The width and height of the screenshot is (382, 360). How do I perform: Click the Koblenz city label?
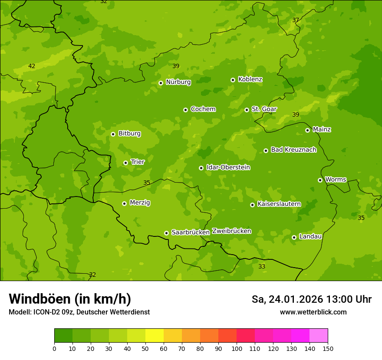click(x=250, y=79)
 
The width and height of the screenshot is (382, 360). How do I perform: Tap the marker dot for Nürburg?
click(x=161, y=83)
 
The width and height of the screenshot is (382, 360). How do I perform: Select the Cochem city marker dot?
click(x=185, y=110)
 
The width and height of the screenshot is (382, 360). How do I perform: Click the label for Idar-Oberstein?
click(x=228, y=167)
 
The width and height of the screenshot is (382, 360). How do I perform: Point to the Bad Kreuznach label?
click(x=293, y=150)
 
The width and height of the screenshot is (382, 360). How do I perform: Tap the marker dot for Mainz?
click(x=307, y=130)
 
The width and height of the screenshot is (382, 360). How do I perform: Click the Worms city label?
click(x=336, y=180)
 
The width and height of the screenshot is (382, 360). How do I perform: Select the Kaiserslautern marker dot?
click(x=252, y=205)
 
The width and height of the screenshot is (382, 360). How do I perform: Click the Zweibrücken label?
click(x=231, y=231)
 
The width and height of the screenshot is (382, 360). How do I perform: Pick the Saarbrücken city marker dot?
click(x=166, y=233)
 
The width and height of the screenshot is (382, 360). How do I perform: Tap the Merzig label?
click(x=140, y=203)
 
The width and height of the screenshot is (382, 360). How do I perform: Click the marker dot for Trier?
click(x=125, y=163)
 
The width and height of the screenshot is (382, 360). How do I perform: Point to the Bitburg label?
click(x=129, y=134)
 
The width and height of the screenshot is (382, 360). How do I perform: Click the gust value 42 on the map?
click(x=32, y=66)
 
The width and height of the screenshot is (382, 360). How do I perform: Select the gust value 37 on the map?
click(x=296, y=20)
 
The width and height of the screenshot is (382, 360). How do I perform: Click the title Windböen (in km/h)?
click(x=70, y=299)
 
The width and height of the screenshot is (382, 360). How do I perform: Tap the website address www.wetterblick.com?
click(x=313, y=312)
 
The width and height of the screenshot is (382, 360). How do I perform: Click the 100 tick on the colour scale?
click(x=237, y=348)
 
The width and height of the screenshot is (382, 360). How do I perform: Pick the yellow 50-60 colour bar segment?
click(x=155, y=336)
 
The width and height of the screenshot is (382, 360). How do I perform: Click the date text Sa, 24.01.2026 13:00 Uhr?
click(x=311, y=299)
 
